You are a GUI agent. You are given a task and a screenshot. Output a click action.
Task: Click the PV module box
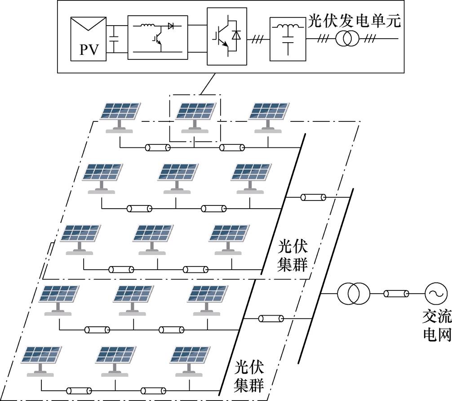coord(89,39)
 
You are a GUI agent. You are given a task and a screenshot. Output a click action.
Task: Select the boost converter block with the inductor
coord(158,37)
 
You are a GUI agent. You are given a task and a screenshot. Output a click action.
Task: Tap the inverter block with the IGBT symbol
coord(227,36)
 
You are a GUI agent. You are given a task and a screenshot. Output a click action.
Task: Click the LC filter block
coord(288,39)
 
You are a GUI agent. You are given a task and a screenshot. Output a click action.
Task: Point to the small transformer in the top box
coord(347,38)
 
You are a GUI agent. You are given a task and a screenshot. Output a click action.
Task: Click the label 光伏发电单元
coord(355,21)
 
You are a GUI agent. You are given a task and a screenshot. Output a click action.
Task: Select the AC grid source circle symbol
coord(434,293)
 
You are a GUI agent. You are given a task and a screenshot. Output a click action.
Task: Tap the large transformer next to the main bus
coord(354,294)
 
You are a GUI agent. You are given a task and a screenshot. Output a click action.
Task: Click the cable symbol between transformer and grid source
coord(396,294)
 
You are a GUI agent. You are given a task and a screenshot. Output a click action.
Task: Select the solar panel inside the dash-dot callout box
coord(195,118)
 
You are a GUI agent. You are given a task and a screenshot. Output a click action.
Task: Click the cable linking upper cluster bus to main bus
coord(313,197)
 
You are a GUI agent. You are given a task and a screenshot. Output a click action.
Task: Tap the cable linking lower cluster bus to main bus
coord(271,318)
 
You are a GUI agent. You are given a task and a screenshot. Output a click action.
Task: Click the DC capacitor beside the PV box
coord(115,39)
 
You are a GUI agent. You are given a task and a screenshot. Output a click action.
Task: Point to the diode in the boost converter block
coord(171,26)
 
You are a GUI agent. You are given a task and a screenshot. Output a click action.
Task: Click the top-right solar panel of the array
coord(269,118)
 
